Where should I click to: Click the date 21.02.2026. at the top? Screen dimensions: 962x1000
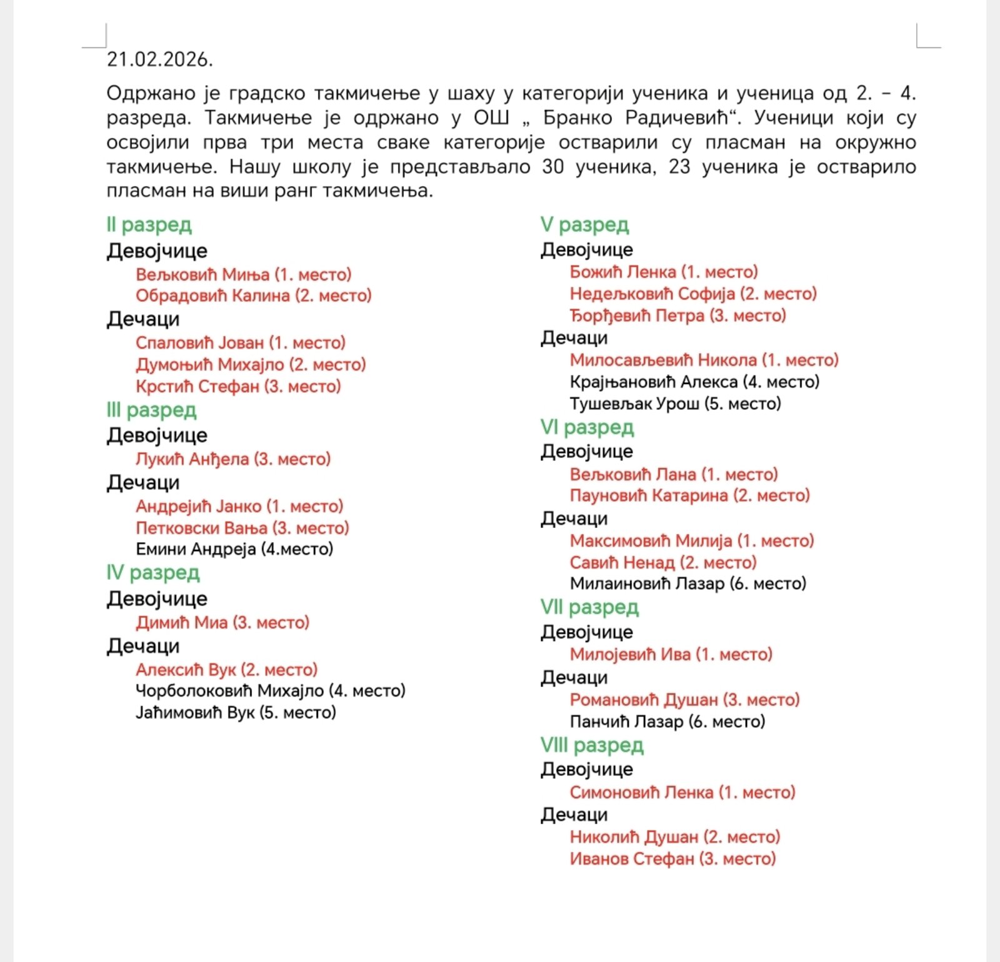(160, 59)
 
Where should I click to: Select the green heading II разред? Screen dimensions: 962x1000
(149, 224)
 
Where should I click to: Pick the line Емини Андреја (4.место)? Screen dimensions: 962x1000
(234, 549)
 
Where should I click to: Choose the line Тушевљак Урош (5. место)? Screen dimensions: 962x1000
(675, 404)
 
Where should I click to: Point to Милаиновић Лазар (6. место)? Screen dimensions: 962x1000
(687, 583)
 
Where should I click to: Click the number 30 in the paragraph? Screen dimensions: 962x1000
(552, 167)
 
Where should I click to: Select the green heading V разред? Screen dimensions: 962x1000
(584, 224)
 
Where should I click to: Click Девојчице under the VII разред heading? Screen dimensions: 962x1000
(586, 632)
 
